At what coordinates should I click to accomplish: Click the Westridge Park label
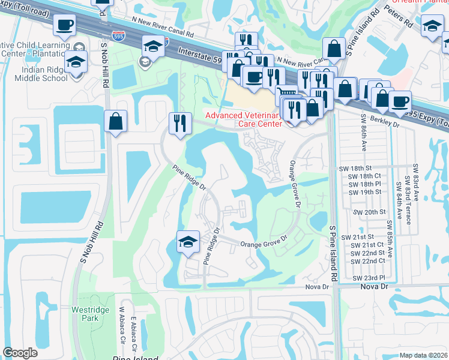82,314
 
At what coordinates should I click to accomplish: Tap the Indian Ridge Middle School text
40,74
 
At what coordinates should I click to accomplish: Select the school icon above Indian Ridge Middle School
76,62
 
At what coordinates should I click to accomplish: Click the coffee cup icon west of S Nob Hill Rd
64,26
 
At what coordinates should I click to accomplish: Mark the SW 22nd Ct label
367,261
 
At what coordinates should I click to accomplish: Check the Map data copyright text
423,355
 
